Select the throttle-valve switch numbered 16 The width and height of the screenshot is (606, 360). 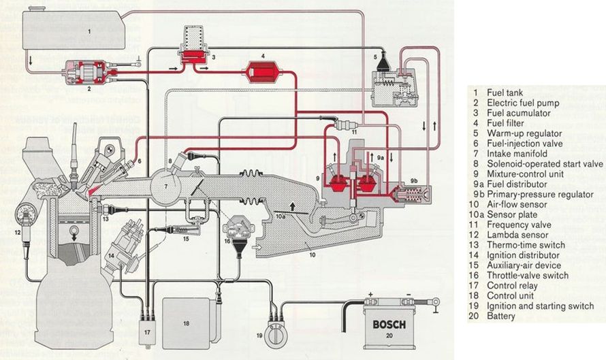point(238,227)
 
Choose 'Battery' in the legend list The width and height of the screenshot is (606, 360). point(501,316)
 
